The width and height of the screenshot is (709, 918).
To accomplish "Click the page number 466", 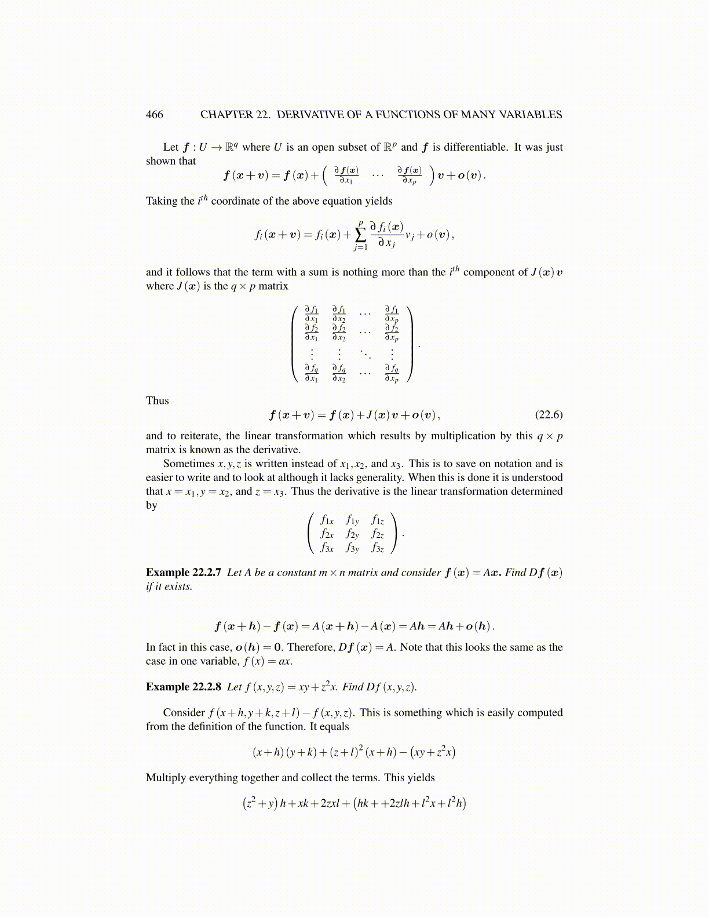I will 155,115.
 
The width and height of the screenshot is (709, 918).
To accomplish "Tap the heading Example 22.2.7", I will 183,573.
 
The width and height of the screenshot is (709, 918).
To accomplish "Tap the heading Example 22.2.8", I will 183,687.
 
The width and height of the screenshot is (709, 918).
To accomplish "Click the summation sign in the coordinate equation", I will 360,235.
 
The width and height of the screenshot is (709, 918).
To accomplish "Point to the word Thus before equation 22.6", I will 158,401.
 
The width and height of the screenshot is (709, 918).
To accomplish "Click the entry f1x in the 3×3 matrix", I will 327,520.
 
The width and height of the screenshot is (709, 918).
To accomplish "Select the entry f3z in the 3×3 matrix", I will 378,547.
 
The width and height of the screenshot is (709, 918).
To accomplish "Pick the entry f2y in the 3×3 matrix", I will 352,534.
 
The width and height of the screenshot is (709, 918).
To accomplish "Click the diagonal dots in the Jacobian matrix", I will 365,353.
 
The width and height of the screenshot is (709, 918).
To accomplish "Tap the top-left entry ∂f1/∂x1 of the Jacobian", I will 312,314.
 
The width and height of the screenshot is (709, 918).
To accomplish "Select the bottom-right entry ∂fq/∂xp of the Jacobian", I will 392,374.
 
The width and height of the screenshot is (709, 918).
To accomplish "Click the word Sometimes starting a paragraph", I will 189,464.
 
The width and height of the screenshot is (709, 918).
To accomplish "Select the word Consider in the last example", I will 184,713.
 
